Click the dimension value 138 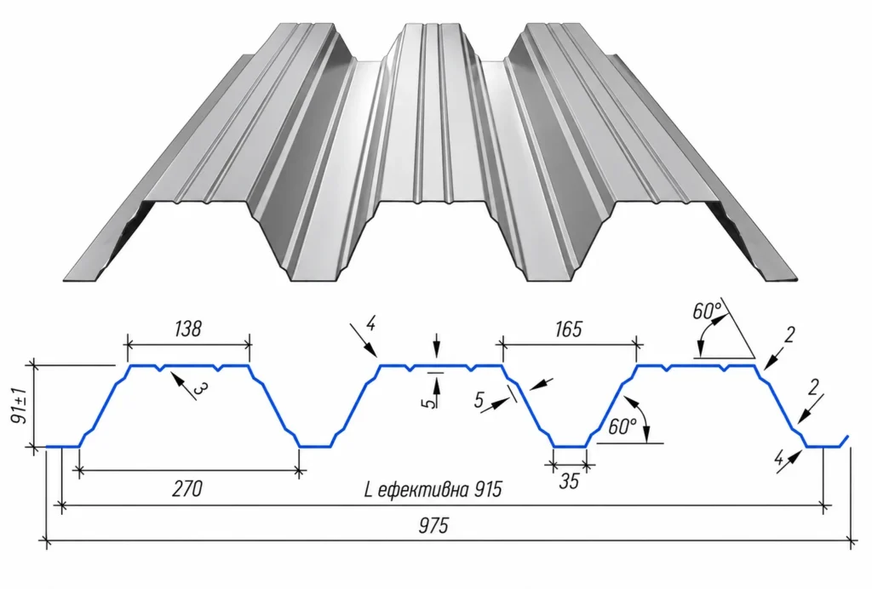pyautogui.click(x=187, y=329)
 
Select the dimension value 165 pyautogui.click(x=568, y=329)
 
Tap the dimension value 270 pyautogui.click(x=186, y=489)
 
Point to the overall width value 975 pyautogui.click(x=433, y=525)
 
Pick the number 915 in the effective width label pyautogui.click(x=488, y=489)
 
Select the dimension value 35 pyautogui.click(x=569, y=481)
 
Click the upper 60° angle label pyautogui.click(x=707, y=312)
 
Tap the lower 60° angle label pyautogui.click(x=622, y=426)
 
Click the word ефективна pyautogui.click(x=423, y=490)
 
